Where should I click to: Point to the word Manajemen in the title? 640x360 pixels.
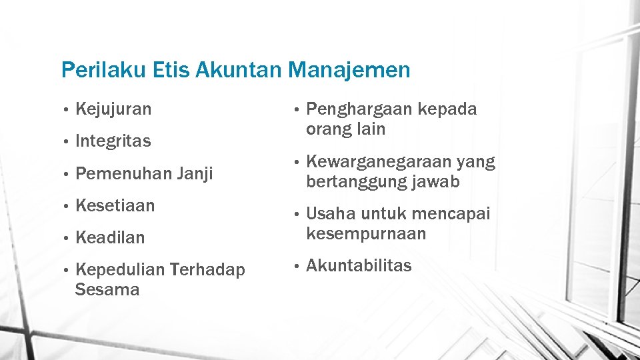pyautogui.click(x=351, y=70)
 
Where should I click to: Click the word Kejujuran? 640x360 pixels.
pyautogui.click(x=113, y=109)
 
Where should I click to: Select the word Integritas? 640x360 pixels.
pyautogui.click(x=113, y=141)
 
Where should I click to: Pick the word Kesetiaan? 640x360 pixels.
pyautogui.click(x=115, y=206)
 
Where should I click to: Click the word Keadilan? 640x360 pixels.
pyautogui.click(x=110, y=238)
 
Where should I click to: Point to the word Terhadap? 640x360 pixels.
pyautogui.click(x=207, y=270)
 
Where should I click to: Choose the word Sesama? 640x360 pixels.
pyautogui.click(x=107, y=290)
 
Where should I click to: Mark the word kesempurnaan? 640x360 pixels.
pyautogui.click(x=366, y=234)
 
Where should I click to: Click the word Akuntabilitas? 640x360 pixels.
pyautogui.click(x=359, y=266)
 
